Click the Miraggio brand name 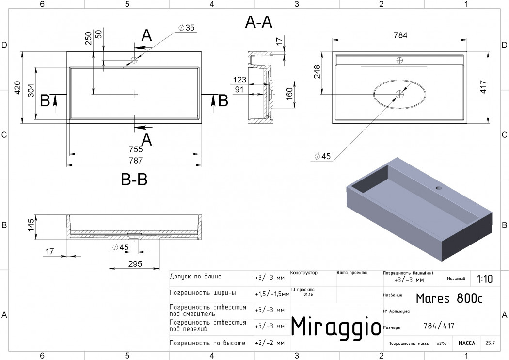[336, 326]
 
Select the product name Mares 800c [449, 298]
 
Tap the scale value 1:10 [485, 279]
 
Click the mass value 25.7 [490, 343]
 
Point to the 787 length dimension [136, 161]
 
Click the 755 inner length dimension [136, 149]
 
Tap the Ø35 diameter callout [187, 28]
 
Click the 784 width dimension [400, 35]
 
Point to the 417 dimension [483, 87]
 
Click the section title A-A [259, 22]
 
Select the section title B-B [134, 179]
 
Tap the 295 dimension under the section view [135, 263]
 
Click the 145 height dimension [31, 226]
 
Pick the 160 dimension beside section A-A [289, 94]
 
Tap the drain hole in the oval [399, 94]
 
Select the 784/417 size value [439, 326]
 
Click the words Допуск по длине [195, 277]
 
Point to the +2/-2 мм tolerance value [270, 343]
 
